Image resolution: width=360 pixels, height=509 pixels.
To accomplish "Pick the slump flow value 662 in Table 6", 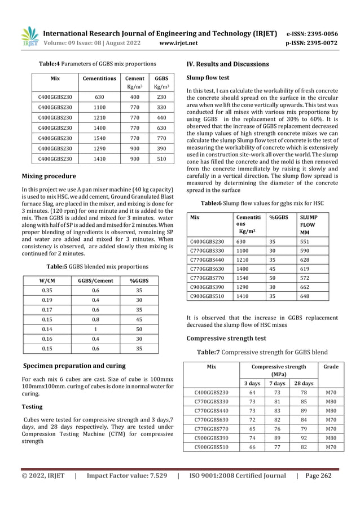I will point(305,286).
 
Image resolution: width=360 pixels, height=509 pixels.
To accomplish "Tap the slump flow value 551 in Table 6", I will point(305,241).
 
